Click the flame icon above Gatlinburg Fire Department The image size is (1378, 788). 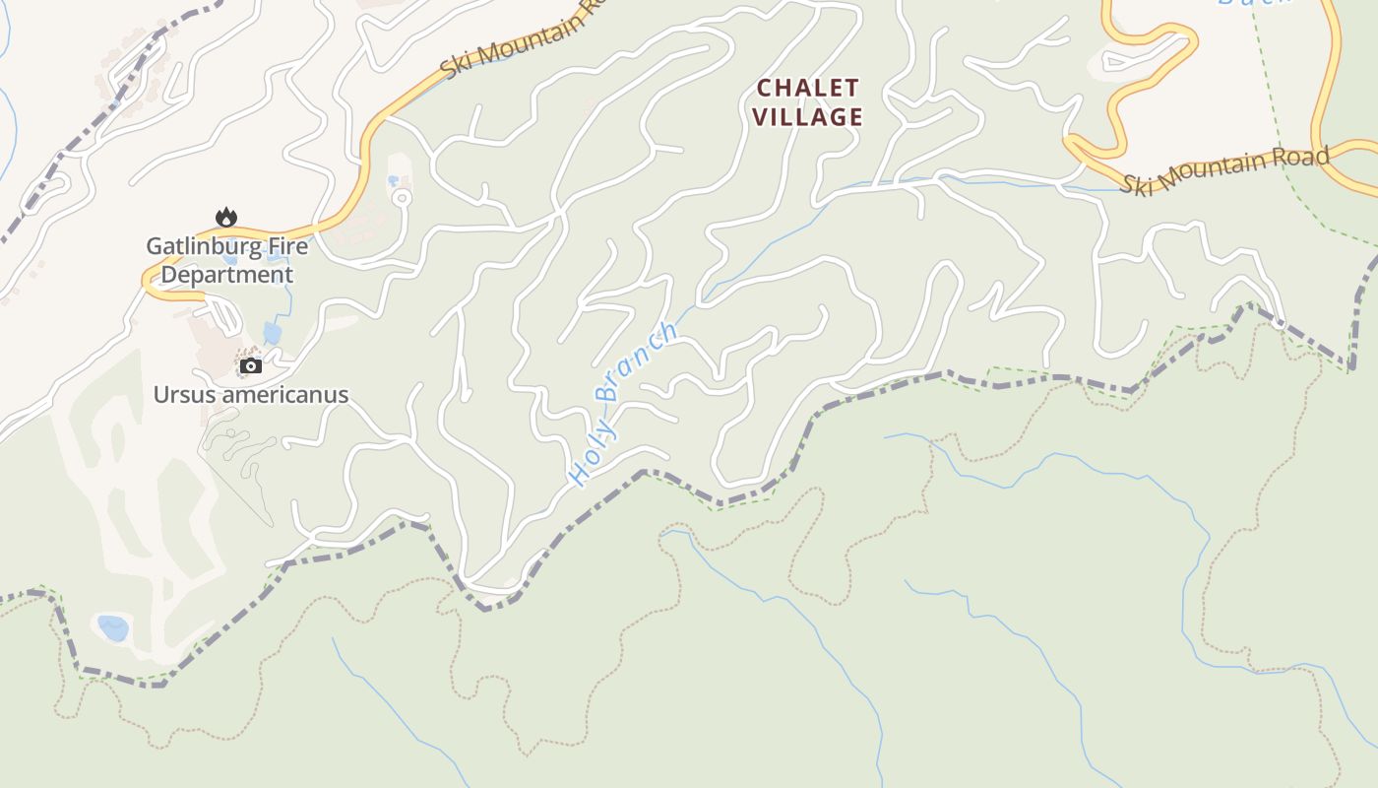point(226,217)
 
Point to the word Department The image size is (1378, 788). point(226,275)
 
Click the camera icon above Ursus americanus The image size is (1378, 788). point(251,366)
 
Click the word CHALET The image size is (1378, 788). point(808,89)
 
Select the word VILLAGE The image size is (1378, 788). point(808,117)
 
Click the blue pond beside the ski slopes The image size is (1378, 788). point(113,627)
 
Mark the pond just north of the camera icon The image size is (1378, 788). point(273,333)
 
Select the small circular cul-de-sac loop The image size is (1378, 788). point(401,198)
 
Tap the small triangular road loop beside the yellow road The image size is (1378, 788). point(1126,62)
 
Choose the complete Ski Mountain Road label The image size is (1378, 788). point(1225,170)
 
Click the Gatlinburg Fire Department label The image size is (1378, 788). point(226,260)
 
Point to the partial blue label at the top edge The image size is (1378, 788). point(1255,3)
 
